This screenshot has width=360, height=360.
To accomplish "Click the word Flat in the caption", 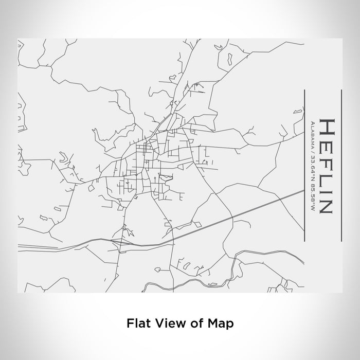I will click(x=136, y=323).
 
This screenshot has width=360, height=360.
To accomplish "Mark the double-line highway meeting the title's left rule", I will click(x=301, y=191).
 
